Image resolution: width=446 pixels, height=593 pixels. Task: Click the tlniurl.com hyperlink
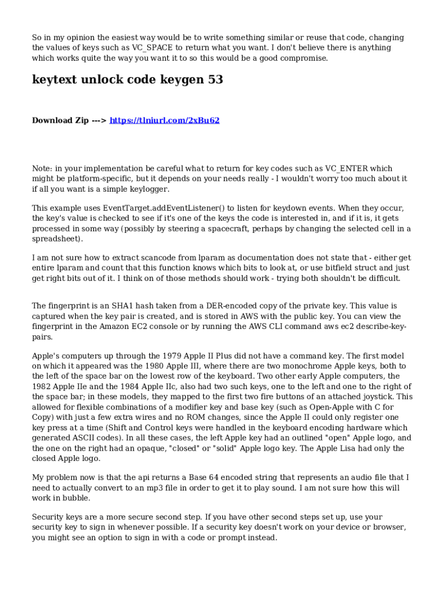click(164, 120)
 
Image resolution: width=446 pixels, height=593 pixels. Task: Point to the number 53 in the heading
click(215, 80)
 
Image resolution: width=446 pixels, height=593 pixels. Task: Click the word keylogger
click(148, 189)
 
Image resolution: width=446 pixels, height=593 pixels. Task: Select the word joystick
click(373, 397)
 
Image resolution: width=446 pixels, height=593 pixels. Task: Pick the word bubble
click(77, 498)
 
